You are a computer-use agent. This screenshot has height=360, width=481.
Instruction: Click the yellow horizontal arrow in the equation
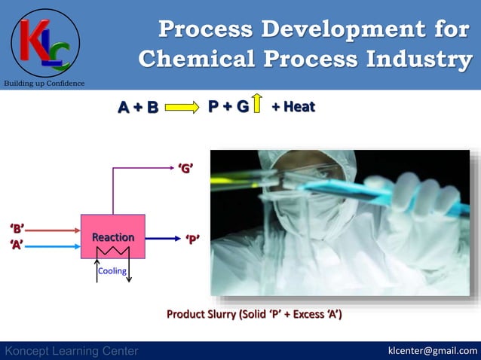point(182,107)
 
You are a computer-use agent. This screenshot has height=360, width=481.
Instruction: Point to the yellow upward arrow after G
point(257,104)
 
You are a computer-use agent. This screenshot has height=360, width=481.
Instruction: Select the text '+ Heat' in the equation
point(293,107)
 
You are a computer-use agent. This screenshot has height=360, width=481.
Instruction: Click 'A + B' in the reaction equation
point(138,107)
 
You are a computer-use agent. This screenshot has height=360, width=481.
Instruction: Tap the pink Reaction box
point(113,235)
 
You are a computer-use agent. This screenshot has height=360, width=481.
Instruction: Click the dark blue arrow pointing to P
point(163,239)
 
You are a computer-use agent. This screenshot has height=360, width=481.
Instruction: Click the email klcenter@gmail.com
point(432,350)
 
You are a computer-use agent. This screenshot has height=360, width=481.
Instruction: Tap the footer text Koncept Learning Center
point(72,351)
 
